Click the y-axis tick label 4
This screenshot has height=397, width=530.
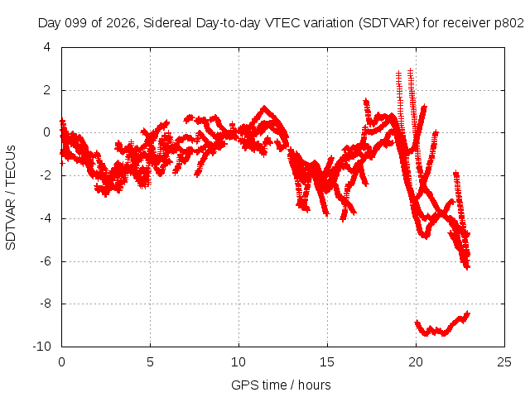pyautogui.click(x=47, y=47)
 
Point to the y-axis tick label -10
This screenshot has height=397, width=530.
pyautogui.click(x=41, y=347)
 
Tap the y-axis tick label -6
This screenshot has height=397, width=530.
pyautogui.click(x=45, y=261)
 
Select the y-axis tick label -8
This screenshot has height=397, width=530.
pyautogui.click(x=45, y=304)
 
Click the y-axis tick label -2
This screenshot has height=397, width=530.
pyautogui.click(x=45, y=175)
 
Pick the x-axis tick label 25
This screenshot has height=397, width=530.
pyautogui.click(x=504, y=362)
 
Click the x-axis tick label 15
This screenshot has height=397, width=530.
pyautogui.click(x=327, y=362)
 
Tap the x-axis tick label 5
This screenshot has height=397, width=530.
pyautogui.click(x=150, y=362)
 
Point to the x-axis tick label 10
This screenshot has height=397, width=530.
pyautogui.click(x=238, y=362)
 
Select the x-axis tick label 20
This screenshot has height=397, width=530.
pyautogui.click(x=416, y=362)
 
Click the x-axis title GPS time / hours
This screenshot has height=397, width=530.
pyautogui.click(x=281, y=385)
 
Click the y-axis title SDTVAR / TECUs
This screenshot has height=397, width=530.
pyautogui.click(x=11, y=198)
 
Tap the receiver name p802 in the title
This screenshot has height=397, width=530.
pyautogui.click(x=509, y=23)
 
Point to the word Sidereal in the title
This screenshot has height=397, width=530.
pyautogui.click(x=167, y=23)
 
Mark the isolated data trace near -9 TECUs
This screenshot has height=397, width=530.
pyautogui.click(x=442, y=327)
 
